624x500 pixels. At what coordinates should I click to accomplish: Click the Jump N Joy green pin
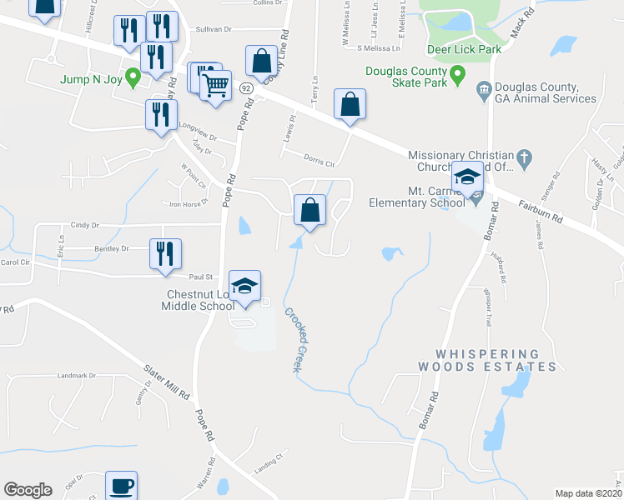(132, 79)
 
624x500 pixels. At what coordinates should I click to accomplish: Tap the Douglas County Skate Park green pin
(456, 77)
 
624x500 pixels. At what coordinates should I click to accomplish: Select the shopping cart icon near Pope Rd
(216, 84)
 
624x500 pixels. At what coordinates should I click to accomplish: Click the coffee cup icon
(121, 485)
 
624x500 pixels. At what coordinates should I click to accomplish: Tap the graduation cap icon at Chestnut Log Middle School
(244, 286)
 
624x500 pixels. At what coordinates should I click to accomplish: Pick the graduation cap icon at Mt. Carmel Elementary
(467, 178)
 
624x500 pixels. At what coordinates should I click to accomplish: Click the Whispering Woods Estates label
(487, 360)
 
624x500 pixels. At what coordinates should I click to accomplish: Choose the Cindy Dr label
(85, 225)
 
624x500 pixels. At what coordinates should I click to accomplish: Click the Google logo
(28, 490)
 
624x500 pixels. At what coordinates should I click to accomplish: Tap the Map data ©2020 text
(588, 493)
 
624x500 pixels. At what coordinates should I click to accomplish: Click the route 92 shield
(246, 87)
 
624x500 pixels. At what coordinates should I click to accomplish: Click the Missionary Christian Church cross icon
(524, 156)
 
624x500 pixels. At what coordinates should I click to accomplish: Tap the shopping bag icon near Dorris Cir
(350, 105)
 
